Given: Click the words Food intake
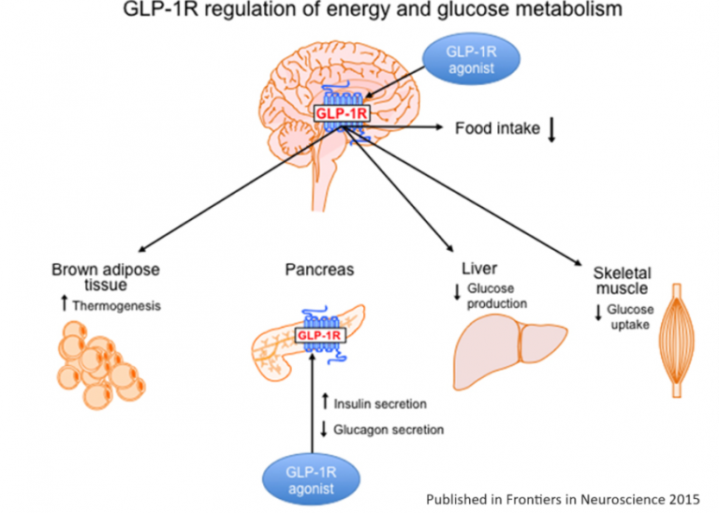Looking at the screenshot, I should (x=497, y=128).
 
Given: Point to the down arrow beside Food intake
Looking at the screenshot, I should (x=551, y=129).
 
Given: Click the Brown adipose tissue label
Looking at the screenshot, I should (x=106, y=277).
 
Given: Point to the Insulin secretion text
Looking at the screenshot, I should (x=380, y=404).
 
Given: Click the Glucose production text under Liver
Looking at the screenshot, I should (x=497, y=296).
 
